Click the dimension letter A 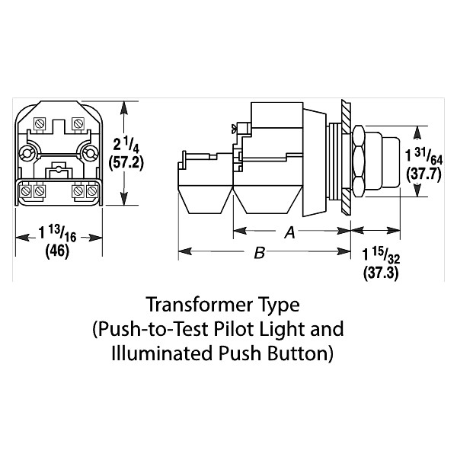(289, 235)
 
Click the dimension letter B (259, 254)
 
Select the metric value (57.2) (129, 163)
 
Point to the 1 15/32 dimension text (377, 254)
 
